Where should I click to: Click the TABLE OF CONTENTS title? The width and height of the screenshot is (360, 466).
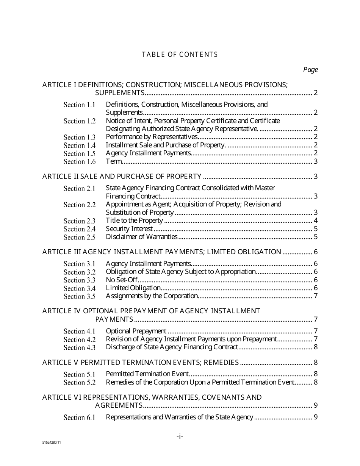point(180,55)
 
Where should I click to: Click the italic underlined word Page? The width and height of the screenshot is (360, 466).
point(310,70)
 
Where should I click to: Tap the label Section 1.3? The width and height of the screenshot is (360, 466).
point(79,137)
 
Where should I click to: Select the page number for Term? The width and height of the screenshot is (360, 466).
point(315,161)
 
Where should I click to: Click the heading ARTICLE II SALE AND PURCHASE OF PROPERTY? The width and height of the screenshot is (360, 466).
point(122,177)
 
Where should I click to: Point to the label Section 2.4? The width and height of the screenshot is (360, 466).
point(79,229)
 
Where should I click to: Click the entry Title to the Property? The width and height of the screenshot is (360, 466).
point(134,220)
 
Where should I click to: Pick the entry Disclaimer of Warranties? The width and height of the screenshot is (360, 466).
point(141,237)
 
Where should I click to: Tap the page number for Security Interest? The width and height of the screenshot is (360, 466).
point(315,229)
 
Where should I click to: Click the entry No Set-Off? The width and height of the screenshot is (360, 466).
point(121,280)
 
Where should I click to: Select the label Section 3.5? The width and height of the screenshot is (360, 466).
point(79,296)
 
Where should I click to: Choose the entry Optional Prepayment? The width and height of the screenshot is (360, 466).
point(136,331)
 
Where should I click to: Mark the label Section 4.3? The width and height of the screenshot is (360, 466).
point(79,347)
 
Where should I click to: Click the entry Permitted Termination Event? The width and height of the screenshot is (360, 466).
point(147,374)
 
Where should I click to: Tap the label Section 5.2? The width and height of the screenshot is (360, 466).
point(79,382)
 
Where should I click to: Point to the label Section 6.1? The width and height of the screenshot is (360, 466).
point(79,418)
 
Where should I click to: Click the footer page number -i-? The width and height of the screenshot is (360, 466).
point(180,436)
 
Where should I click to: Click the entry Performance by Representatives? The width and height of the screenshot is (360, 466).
point(152,137)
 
